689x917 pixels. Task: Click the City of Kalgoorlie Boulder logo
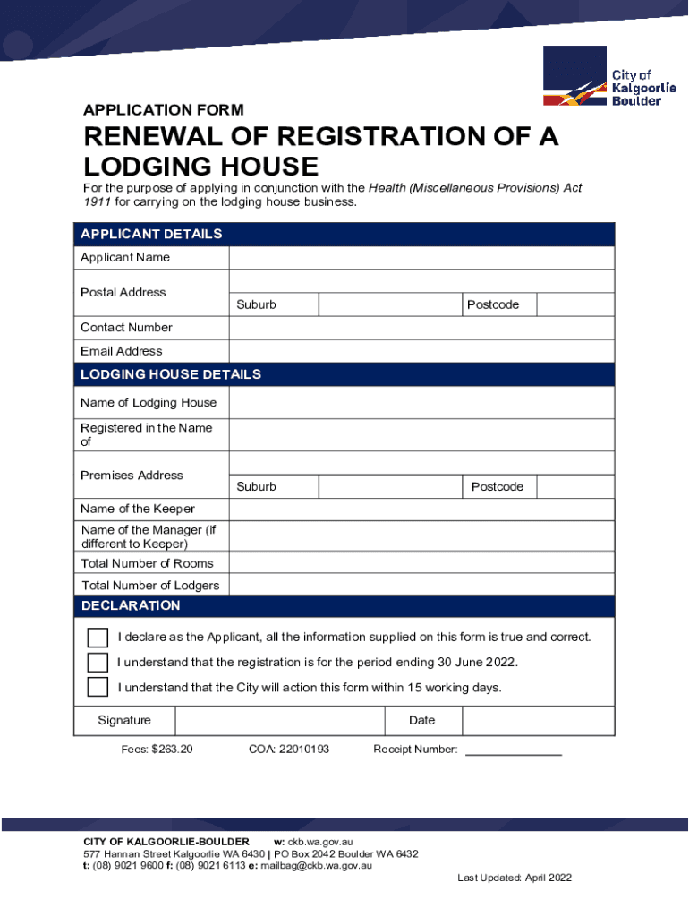pyautogui.click(x=609, y=77)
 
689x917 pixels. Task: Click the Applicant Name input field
pyautogui.click(x=421, y=258)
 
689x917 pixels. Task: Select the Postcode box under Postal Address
pyautogui.click(x=575, y=304)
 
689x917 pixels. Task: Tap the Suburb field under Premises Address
pyautogui.click(x=390, y=486)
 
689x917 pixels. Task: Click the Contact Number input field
pyautogui.click(x=421, y=328)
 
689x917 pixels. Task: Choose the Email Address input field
pyautogui.click(x=421, y=351)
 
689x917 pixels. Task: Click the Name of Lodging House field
pyautogui.click(x=421, y=403)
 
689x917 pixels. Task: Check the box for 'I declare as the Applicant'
pyautogui.click(x=98, y=638)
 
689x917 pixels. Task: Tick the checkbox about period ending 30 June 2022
pyautogui.click(x=98, y=663)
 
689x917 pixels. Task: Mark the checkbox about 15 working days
pyautogui.click(x=98, y=688)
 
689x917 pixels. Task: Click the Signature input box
pyautogui.click(x=279, y=721)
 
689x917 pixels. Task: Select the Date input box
pyautogui.click(x=537, y=721)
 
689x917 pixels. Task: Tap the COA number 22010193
pyautogui.click(x=289, y=749)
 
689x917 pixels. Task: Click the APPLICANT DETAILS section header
pyautogui.click(x=151, y=235)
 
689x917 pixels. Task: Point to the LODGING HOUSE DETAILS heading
pyautogui.click(x=171, y=374)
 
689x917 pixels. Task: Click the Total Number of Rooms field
pyautogui.click(x=421, y=563)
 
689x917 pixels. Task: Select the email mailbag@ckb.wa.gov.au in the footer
pyautogui.click(x=316, y=866)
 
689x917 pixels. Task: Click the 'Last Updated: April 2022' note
pyautogui.click(x=515, y=878)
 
